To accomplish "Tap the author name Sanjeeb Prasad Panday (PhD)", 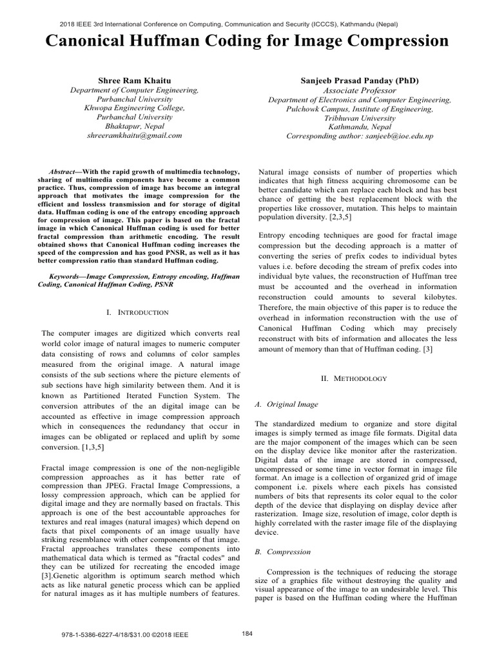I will click(360, 80).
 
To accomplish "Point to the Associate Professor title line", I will click(360, 91).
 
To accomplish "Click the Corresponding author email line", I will click(360, 136).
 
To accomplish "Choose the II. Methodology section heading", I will click(354, 378).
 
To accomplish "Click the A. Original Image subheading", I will click(287, 404).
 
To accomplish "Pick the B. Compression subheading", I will click(283, 552).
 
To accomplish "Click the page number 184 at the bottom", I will click(247, 633).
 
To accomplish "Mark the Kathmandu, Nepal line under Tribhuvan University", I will click(360, 127).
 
